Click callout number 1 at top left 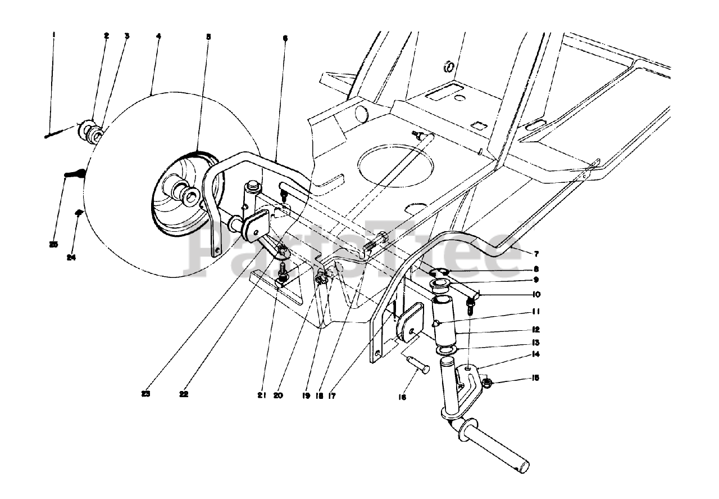point(54,35)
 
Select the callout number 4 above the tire point(159,36)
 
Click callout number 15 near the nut point(535,378)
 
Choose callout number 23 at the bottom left point(146,394)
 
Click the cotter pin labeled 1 point(59,132)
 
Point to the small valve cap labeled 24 point(80,212)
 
